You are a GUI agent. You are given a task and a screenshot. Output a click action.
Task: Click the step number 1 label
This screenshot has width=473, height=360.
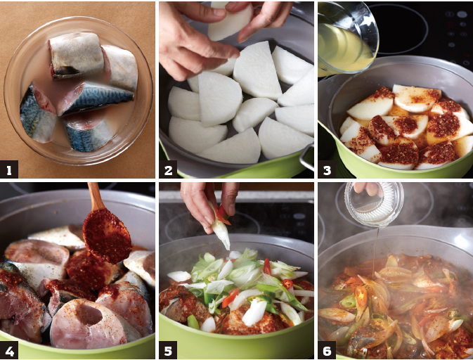(8, 169)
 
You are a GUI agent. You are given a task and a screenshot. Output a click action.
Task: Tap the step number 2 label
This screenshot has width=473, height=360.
(168, 169)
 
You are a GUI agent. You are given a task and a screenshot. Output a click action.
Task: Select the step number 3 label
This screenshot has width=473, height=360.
(327, 169)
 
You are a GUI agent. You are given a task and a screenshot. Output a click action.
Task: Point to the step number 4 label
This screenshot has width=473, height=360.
(8, 350)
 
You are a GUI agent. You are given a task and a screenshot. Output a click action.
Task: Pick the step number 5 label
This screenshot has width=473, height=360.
(168, 350)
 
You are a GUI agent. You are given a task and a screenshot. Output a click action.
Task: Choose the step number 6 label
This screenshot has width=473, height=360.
(327, 350)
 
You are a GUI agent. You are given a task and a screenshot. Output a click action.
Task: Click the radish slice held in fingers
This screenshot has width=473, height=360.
(231, 21)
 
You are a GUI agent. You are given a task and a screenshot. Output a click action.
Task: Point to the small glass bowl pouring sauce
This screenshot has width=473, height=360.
(374, 205)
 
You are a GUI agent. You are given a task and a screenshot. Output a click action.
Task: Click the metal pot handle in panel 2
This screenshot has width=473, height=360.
(307, 157)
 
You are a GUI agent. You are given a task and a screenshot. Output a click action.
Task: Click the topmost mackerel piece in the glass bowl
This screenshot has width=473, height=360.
(77, 55)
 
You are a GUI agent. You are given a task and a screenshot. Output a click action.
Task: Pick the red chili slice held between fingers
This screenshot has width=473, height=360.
(223, 214)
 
